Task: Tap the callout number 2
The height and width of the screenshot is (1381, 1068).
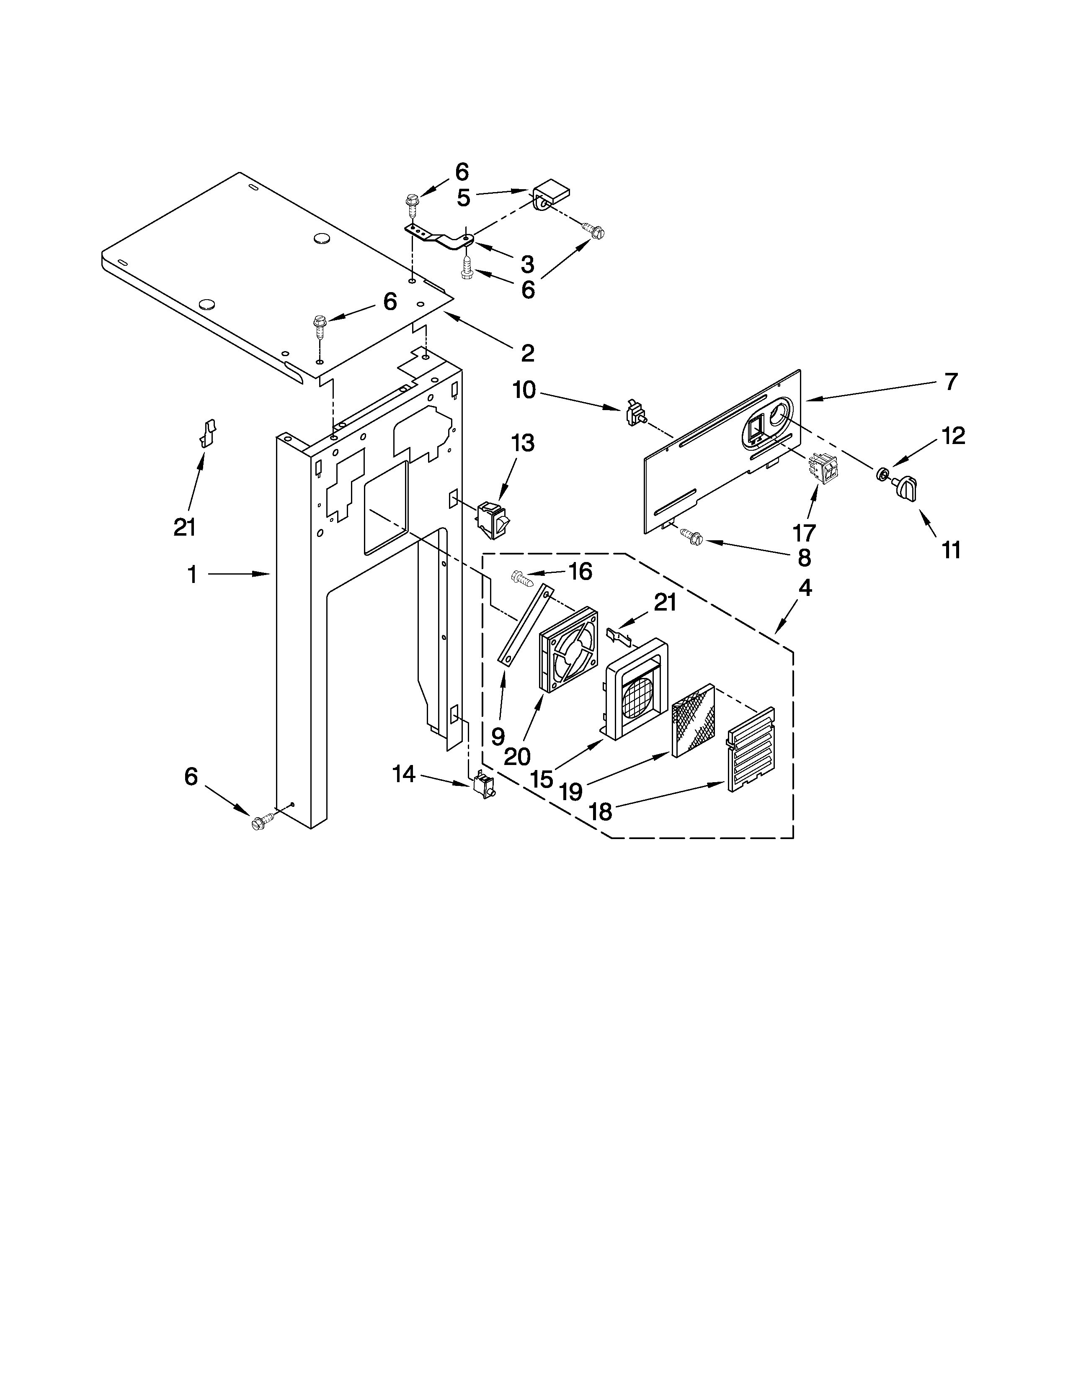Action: [527, 353]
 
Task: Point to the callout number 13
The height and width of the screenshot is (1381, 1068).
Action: [523, 443]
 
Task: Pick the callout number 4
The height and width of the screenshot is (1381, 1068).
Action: [804, 588]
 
